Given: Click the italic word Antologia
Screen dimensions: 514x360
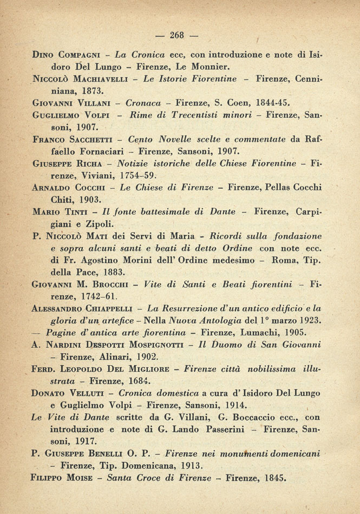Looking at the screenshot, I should (x=197, y=321).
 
